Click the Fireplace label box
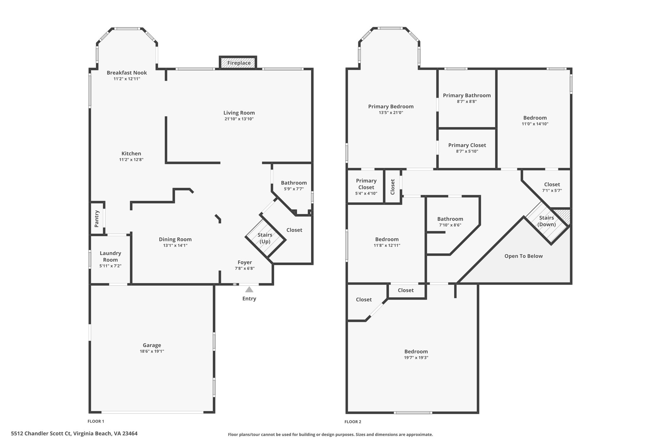point(239,63)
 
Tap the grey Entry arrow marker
point(249,289)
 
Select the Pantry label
point(97,219)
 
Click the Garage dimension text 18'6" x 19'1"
point(152,351)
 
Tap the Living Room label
point(239,113)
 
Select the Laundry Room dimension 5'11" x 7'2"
point(110,266)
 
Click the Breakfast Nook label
point(127,73)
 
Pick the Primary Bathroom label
point(467,95)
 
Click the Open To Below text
point(524,256)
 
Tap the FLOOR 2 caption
point(353,422)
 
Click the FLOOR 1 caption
point(96,421)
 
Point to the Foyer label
point(245,262)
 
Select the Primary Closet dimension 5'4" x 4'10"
point(366,194)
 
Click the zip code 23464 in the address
point(129,433)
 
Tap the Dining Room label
point(175,239)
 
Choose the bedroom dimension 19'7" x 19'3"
point(416,358)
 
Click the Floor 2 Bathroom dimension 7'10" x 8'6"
point(450,225)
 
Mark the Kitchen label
point(131,153)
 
